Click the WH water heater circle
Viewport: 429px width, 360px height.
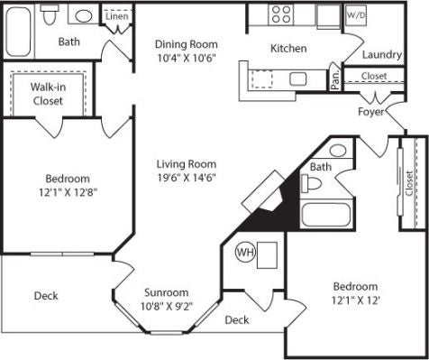pos(246,253)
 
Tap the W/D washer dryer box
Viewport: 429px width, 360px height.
pos(356,15)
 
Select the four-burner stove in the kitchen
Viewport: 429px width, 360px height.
pos(281,14)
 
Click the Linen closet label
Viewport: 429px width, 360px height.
pos(117,16)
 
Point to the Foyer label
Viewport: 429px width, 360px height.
pos(370,112)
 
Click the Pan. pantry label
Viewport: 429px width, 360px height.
pos(335,79)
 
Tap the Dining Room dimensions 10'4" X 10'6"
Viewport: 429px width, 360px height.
pos(187,58)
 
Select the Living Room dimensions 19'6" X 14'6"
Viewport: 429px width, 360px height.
pos(187,178)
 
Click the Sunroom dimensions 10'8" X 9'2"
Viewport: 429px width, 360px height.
pos(167,306)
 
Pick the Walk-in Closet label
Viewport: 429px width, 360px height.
pos(48,94)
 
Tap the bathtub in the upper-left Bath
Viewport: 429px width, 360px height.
pos(18,32)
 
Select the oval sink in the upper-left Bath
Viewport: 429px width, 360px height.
pos(84,16)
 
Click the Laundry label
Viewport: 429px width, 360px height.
pos(382,55)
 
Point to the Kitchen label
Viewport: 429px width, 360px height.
pos(288,49)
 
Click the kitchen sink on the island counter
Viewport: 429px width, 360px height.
pos(298,78)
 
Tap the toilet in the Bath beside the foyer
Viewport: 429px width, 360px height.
pos(311,183)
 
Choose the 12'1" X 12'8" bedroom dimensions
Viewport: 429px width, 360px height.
pos(68,192)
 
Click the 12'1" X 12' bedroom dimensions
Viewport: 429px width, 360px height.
pos(356,300)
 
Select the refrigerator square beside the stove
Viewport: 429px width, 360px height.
pos(328,16)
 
